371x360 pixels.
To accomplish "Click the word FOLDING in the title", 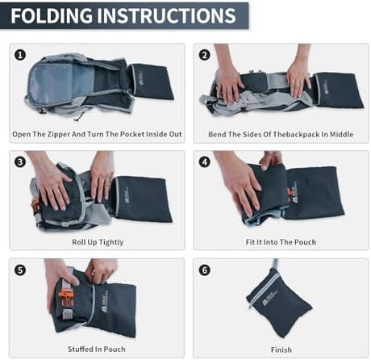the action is (x=52, y=15).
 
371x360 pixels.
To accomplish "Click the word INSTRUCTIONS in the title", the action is (x=166, y=15).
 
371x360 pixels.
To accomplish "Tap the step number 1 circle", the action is (x=20, y=55).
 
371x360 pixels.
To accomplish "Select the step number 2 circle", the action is (x=204, y=55).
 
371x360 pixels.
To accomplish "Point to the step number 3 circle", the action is (x=20, y=162).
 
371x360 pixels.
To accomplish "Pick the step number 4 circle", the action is (x=205, y=162).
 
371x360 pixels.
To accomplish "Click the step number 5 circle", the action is (x=20, y=270).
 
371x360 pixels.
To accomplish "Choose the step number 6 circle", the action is (x=205, y=270).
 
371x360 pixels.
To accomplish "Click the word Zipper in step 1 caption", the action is (x=58, y=134).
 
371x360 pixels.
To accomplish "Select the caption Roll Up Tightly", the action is (x=98, y=242).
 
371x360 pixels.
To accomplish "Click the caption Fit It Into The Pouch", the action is (x=281, y=242).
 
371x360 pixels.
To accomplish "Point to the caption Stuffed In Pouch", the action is (x=97, y=350).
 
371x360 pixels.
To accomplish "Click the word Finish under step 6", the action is (x=281, y=350).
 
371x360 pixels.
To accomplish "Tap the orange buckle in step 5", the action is (x=67, y=298).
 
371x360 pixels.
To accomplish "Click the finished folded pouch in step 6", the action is (x=279, y=302).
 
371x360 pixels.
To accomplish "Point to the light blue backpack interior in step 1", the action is (x=58, y=82).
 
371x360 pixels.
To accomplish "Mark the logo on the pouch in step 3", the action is (x=126, y=195).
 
